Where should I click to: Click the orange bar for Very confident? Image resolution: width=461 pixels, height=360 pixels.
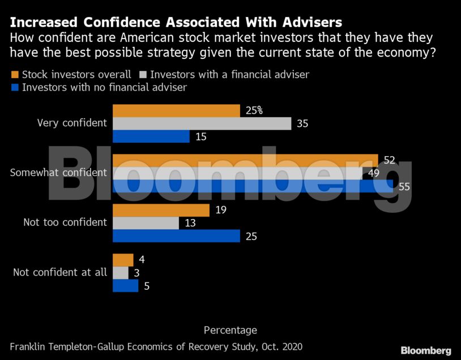point(177,110)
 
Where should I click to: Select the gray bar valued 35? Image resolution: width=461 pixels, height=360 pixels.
point(202,123)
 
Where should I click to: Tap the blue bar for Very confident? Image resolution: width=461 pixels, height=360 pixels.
point(151,136)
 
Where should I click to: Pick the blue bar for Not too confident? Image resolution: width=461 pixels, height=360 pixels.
point(177,236)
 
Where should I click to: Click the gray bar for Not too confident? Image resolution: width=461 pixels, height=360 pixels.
point(146,223)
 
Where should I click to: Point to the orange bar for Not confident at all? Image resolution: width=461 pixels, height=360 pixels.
point(123,260)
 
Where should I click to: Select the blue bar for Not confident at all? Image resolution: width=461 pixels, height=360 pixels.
point(126,286)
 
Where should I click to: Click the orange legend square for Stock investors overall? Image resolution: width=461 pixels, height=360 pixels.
point(15,75)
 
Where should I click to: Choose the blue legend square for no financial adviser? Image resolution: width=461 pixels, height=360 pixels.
point(15,88)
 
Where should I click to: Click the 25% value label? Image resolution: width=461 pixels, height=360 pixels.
point(254,110)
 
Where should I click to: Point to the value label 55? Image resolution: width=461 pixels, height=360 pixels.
point(404,186)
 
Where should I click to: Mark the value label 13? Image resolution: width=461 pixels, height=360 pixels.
point(190,223)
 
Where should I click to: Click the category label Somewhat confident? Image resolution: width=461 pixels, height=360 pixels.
point(58,173)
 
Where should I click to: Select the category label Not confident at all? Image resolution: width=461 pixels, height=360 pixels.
point(59,272)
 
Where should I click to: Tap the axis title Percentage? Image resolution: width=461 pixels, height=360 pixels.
point(230,330)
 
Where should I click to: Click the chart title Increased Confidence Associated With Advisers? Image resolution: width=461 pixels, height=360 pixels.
point(176,23)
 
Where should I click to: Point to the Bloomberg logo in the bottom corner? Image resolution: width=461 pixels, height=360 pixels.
point(426,350)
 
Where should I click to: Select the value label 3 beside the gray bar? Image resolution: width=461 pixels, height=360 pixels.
point(137,273)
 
